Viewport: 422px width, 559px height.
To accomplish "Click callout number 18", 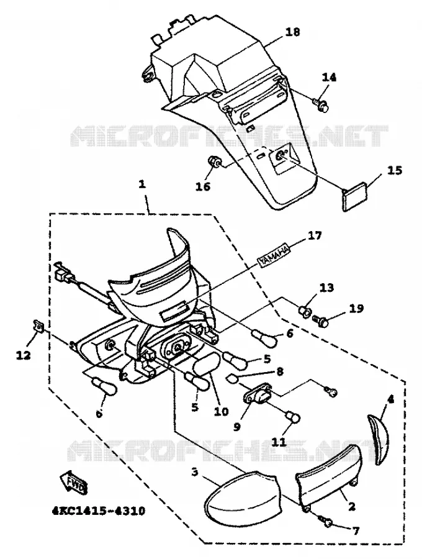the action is (292, 32).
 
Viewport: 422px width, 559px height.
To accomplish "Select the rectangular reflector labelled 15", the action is (356, 196).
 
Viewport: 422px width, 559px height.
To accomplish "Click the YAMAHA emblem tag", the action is (274, 257).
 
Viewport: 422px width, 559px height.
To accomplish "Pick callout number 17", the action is (314, 235).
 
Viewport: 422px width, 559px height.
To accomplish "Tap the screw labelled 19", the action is (321, 322).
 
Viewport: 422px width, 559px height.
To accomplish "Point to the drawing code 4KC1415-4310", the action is (99, 511).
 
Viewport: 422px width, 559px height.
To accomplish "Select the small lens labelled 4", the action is (379, 439).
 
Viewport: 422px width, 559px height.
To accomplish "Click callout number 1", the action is (142, 184).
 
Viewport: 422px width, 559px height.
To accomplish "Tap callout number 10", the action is (221, 411).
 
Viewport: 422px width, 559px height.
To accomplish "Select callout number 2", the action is (351, 506).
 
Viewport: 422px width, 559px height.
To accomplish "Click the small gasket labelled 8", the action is (232, 379).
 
